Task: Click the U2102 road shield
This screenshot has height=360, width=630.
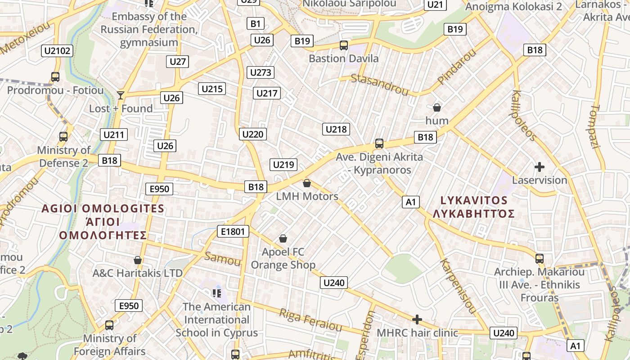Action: (58, 51)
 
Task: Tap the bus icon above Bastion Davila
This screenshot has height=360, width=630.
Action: (344, 45)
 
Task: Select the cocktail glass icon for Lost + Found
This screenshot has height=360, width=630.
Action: (121, 95)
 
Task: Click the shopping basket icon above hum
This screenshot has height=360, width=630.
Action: (436, 108)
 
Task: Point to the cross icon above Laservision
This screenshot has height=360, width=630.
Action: (539, 167)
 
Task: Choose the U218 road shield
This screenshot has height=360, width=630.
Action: (336, 130)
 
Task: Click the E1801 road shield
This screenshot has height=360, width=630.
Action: (233, 232)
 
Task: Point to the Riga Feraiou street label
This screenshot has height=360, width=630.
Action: (310, 319)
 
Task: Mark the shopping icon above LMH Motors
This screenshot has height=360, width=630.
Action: (307, 183)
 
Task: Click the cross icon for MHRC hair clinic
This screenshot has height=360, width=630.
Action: (417, 319)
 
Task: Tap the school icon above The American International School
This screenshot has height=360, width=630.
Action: (217, 293)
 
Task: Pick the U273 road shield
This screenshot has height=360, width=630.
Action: (261, 72)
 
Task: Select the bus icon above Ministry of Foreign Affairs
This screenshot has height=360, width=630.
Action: (109, 325)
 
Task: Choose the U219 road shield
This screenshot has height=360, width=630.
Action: (283, 165)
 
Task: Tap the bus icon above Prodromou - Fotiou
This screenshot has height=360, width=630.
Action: (55, 77)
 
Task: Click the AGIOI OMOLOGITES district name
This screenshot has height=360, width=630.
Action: (103, 209)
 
